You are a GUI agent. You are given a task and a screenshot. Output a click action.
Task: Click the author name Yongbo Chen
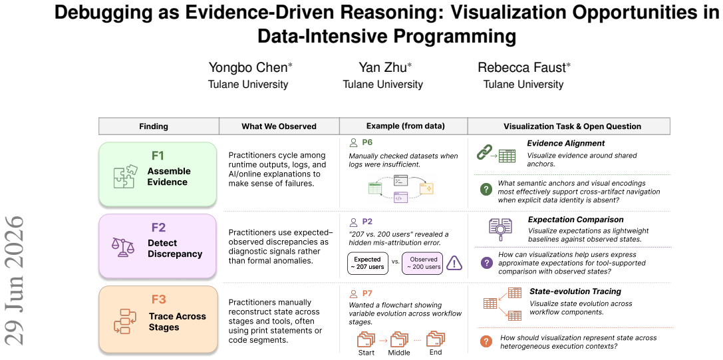point(248,67)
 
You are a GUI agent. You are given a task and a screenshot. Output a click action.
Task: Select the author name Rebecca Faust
point(521,67)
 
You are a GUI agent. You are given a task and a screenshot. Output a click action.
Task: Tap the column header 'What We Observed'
point(279,126)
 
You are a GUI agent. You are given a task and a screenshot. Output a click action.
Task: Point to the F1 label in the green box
point(158,156)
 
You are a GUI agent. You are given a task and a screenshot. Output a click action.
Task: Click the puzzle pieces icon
point(125,176)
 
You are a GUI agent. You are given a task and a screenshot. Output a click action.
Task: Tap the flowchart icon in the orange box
point(125,321)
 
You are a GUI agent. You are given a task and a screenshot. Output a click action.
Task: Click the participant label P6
point(367,142)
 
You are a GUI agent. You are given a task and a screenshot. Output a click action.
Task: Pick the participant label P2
point(367,222)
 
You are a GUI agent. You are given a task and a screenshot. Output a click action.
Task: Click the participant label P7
point(367,293)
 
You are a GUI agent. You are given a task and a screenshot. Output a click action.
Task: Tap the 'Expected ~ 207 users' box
point(368,263)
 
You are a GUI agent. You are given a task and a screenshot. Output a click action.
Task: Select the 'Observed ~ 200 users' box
point(422,263)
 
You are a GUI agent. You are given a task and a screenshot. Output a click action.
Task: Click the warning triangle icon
point(455,263)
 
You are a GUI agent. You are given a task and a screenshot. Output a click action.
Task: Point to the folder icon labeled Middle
point(399,339)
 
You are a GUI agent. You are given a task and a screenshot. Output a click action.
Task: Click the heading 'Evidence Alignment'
point(566,144)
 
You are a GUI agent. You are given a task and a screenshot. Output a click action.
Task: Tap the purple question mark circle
point(486,263)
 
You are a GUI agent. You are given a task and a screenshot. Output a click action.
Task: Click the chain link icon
point(484,153)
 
